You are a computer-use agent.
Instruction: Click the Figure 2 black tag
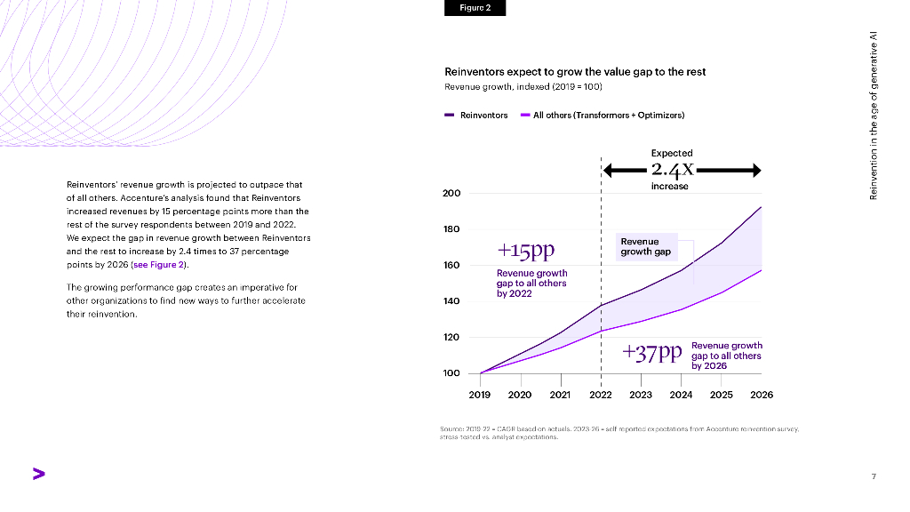475,8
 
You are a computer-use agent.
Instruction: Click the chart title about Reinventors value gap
574,72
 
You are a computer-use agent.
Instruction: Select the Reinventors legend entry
476,115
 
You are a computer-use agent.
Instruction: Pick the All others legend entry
603,115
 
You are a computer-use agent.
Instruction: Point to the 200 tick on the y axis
451,194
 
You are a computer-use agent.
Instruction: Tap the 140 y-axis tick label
451,301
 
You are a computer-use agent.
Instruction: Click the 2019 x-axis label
480,395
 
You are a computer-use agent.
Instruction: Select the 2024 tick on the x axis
681,395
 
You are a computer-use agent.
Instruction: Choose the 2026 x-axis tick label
762,395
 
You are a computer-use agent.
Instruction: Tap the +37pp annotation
652,353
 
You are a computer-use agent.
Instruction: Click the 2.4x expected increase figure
672,169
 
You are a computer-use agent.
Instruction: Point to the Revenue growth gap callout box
646,246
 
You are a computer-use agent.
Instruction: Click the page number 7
874,476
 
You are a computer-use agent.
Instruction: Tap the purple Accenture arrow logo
38,474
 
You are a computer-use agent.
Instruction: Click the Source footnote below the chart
619,433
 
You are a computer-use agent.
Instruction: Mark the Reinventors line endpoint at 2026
762,207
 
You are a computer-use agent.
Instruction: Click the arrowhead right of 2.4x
754,170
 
